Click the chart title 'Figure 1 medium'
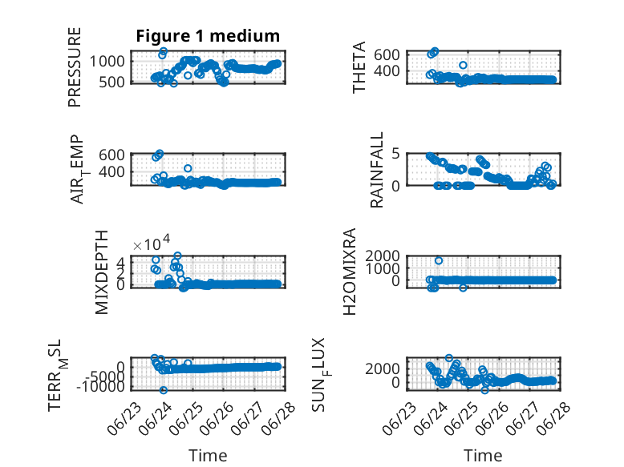(208, 36)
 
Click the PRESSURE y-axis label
(75, 67)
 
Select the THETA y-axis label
(359, 67)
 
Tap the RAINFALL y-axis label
(376, 170)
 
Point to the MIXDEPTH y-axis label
(102, 272)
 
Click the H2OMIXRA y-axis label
(349, 272)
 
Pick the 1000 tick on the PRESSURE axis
(107, 62)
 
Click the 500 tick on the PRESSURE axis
(111, 82)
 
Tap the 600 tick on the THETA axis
(387, 54)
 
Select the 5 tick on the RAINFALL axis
(395, 153)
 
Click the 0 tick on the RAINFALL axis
(395, 186)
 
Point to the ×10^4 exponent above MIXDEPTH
(152, 243)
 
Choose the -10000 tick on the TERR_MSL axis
(100, 386)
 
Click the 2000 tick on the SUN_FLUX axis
(383, 368)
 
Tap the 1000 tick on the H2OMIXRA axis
(383, 268)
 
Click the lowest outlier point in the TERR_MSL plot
(163, 390)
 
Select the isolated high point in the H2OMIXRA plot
(439, 260)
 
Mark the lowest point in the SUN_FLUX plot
(484, 390)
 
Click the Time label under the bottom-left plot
(208, 456)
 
